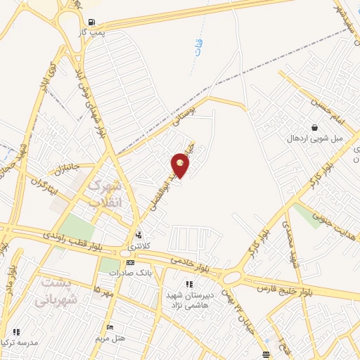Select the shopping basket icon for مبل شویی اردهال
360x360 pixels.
click(313, 127)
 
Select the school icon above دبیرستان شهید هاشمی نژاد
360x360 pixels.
click(188, 284)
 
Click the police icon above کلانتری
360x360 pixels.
click(139, 236)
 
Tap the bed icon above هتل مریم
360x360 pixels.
click(110, 328)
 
